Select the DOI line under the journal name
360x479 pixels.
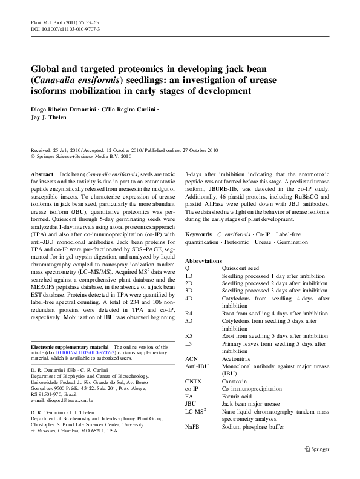(65, 29)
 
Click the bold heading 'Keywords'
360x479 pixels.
(198, 234)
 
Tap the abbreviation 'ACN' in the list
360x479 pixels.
(192, 359)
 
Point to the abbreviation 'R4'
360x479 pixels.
(189, 313)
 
